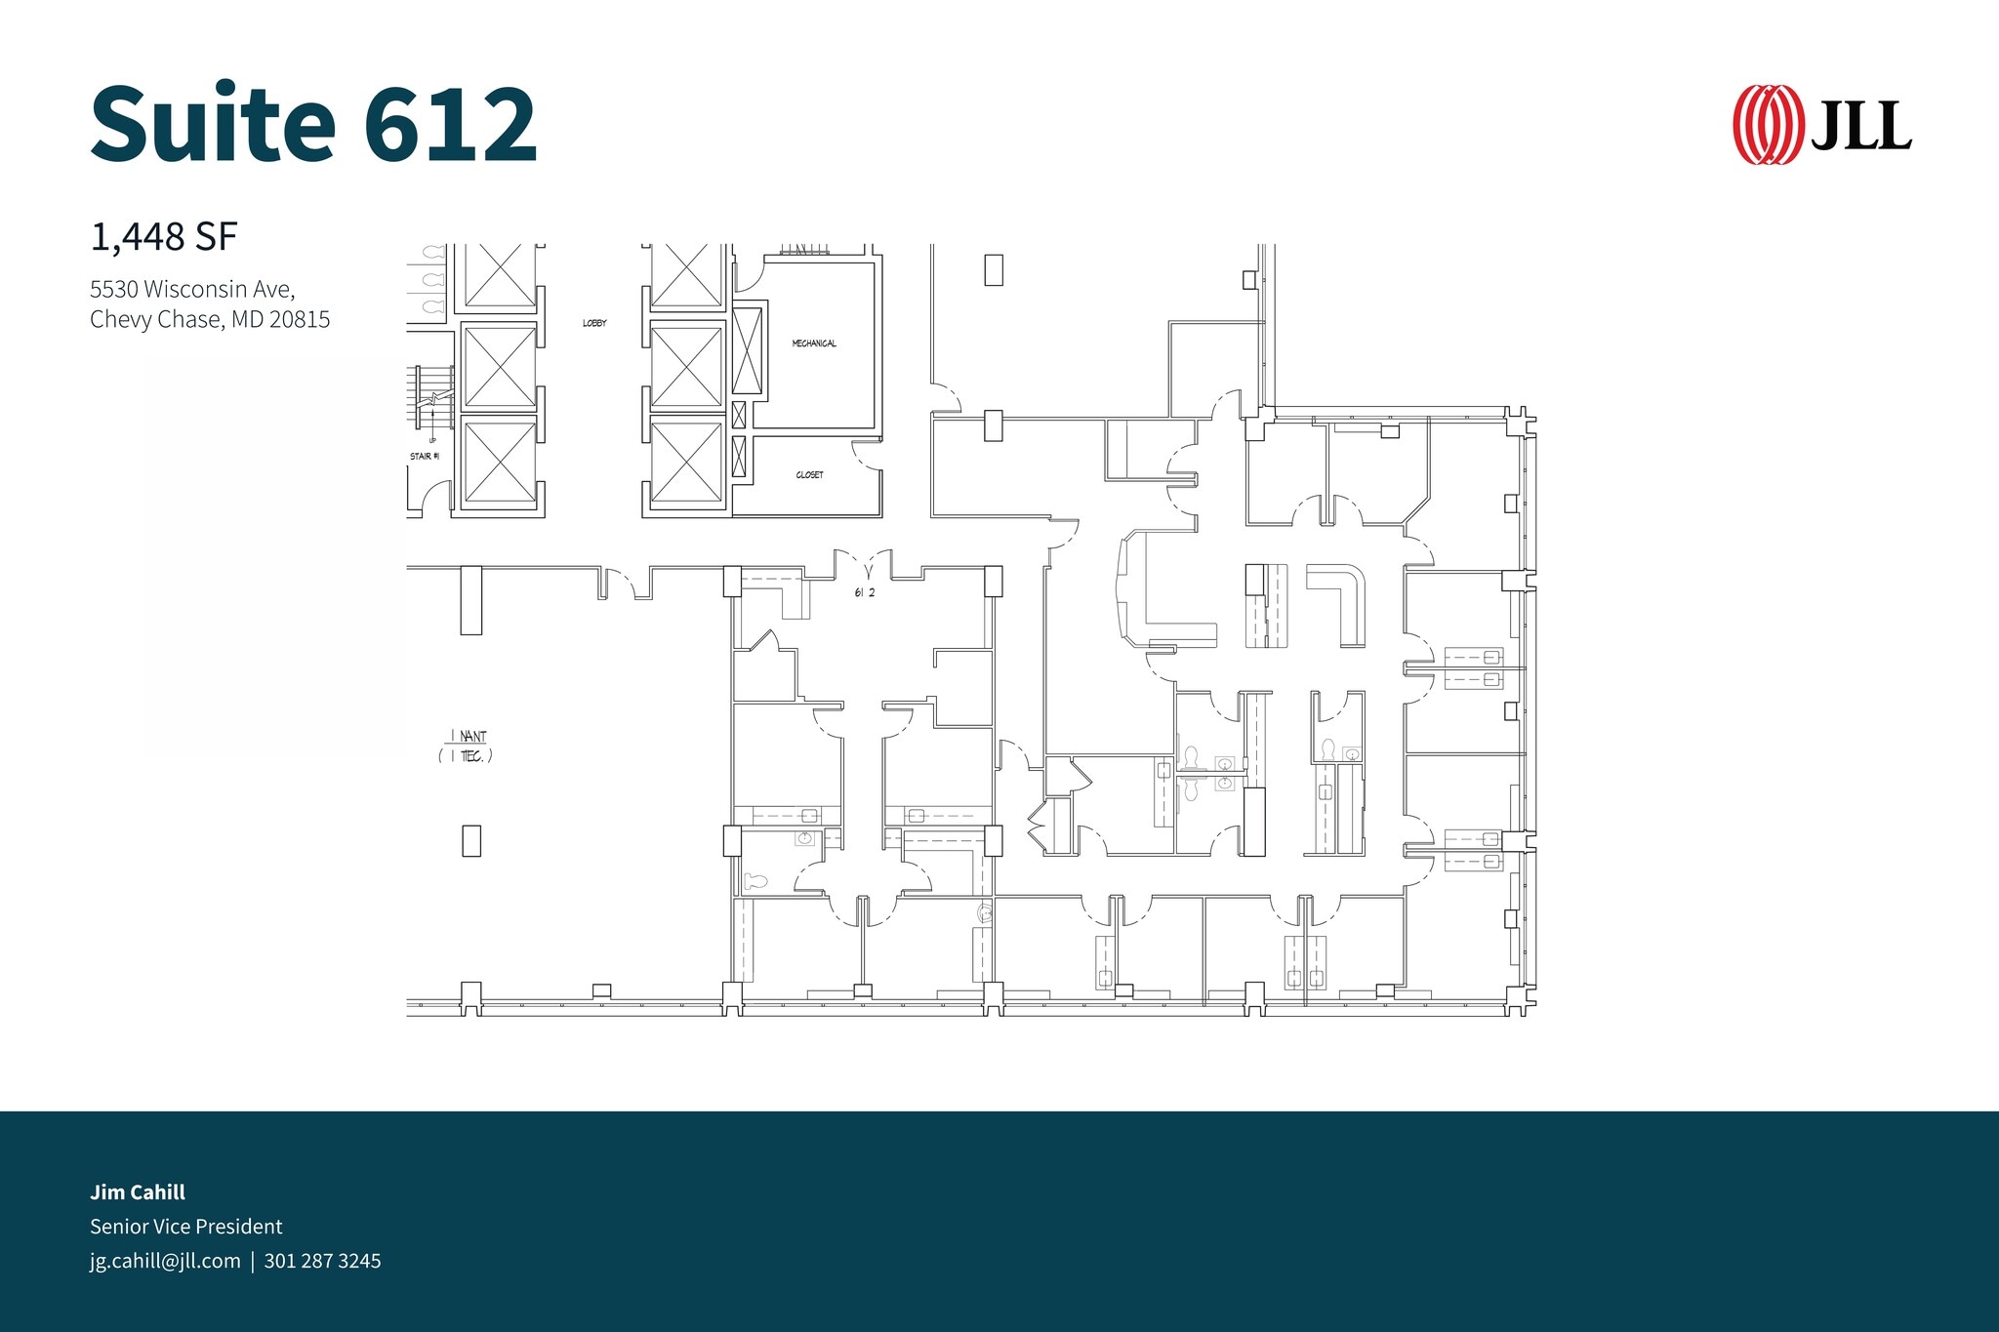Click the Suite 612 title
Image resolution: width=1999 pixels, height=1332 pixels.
pyautogui.click(x=313, y=124)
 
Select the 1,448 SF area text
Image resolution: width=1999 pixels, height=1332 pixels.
pyautogui.click(x=164, y=237)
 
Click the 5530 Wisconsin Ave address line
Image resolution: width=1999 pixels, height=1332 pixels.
pyautogui.click(x=192, y=289)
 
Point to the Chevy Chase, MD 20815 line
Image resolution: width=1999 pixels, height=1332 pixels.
pyautogui.click(x=210, y=320)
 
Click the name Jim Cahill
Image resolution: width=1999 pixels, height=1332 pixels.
pyautogui.click(x=138, y=1191)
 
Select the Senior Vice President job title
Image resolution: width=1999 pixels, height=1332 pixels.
pyautogui.click(x=185, y=1227)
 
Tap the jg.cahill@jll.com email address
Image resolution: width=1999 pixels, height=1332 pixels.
pyautogui.click(x=165, y=1261)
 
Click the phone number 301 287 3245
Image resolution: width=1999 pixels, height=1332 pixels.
pyautogui.click(x=322, y=1261)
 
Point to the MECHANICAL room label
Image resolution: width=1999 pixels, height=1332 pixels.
pyautogui.click(x=814, y=343)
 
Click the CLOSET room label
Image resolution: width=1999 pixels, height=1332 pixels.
pyautogui.click(x=809, y=475)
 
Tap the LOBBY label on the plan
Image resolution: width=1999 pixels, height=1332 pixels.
pyautogui.click(x=594, y=323)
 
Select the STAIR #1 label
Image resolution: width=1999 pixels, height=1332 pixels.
pyautogui.click(x=425, y=457)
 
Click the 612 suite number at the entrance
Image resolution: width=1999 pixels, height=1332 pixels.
pyautogui.click(x=865, y=593)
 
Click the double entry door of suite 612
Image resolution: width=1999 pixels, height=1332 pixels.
pyautogui.click(x=865, y=565)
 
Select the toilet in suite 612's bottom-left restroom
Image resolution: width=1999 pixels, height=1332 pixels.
pyautogui.click(x=755, y=881)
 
